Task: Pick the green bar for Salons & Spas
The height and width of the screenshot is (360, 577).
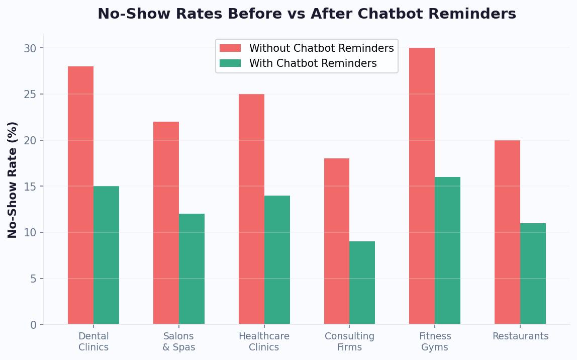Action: click(x=191, y=269)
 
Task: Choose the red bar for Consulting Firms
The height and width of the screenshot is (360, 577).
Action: click(x=337, y=241)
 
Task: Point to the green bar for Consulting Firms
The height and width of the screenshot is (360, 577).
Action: click(x=362, y=283)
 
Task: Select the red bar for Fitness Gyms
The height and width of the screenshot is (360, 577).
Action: click(x=422, y=186)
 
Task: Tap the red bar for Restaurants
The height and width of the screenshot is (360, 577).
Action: click(x=507, y=232)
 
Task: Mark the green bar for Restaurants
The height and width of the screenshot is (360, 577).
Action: click(x=533, y=274)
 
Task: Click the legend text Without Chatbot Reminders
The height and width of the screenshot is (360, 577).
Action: click(x=321, y=48)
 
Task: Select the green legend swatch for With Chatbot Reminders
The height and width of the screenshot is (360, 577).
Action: click(x=230, y=63)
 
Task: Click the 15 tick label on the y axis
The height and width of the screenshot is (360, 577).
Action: click(x=30, y=187)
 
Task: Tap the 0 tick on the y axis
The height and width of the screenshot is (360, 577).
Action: click(x=33, y=325)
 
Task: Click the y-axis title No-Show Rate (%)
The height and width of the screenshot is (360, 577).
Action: click(x=13, y=179)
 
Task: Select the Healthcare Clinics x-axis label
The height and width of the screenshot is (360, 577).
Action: click(x=264, y=342)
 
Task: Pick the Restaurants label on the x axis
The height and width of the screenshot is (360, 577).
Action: click(x=520, y=336)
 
